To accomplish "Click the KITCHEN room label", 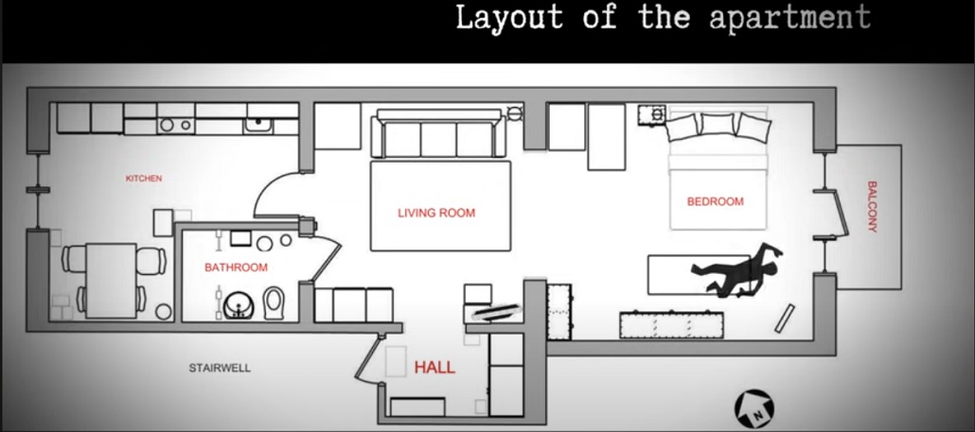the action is (x=144, y=178).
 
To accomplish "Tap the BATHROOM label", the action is (x=237, y=268).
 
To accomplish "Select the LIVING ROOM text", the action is (x=436, y=213).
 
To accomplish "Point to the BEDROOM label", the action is (x=715, y=201).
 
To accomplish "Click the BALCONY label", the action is (x=872, y=207).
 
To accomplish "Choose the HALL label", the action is (x=434, y=368).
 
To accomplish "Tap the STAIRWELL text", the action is (x=220, y=368).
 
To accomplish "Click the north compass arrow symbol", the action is (x=754, y=408).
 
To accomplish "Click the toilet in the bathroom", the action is (x=273, y=302).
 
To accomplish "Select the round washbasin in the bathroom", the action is (x=239, y=304).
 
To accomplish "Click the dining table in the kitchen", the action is (x=111, y=281).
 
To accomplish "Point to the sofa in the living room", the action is (x=438, y=134).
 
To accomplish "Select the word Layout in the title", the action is (x=510, y=17).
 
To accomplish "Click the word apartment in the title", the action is (x=789, y=18).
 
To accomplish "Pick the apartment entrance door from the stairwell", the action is (x=367, y=358).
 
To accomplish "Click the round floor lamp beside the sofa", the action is (x=515, y=113).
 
